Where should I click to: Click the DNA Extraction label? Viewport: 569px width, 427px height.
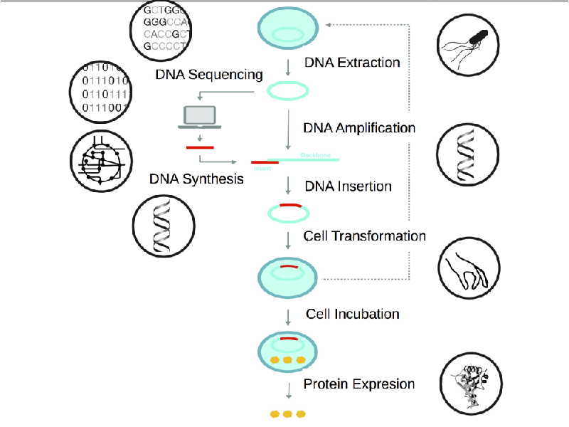352,63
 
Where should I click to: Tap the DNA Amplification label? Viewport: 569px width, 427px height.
359,128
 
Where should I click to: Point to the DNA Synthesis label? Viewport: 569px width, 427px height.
196,179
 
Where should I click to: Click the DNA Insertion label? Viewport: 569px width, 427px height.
348,186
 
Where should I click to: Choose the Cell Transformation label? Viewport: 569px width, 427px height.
364,236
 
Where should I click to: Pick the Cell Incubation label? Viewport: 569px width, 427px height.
352,314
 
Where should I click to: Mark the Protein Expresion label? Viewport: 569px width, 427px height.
358,384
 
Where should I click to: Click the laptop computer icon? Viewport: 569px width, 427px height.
201,117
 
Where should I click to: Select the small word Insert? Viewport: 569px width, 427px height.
262,170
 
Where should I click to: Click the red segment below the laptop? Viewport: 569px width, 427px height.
199,148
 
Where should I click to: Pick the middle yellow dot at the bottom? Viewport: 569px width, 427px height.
287,413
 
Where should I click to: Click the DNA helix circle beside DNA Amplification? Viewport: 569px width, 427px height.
467,153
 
